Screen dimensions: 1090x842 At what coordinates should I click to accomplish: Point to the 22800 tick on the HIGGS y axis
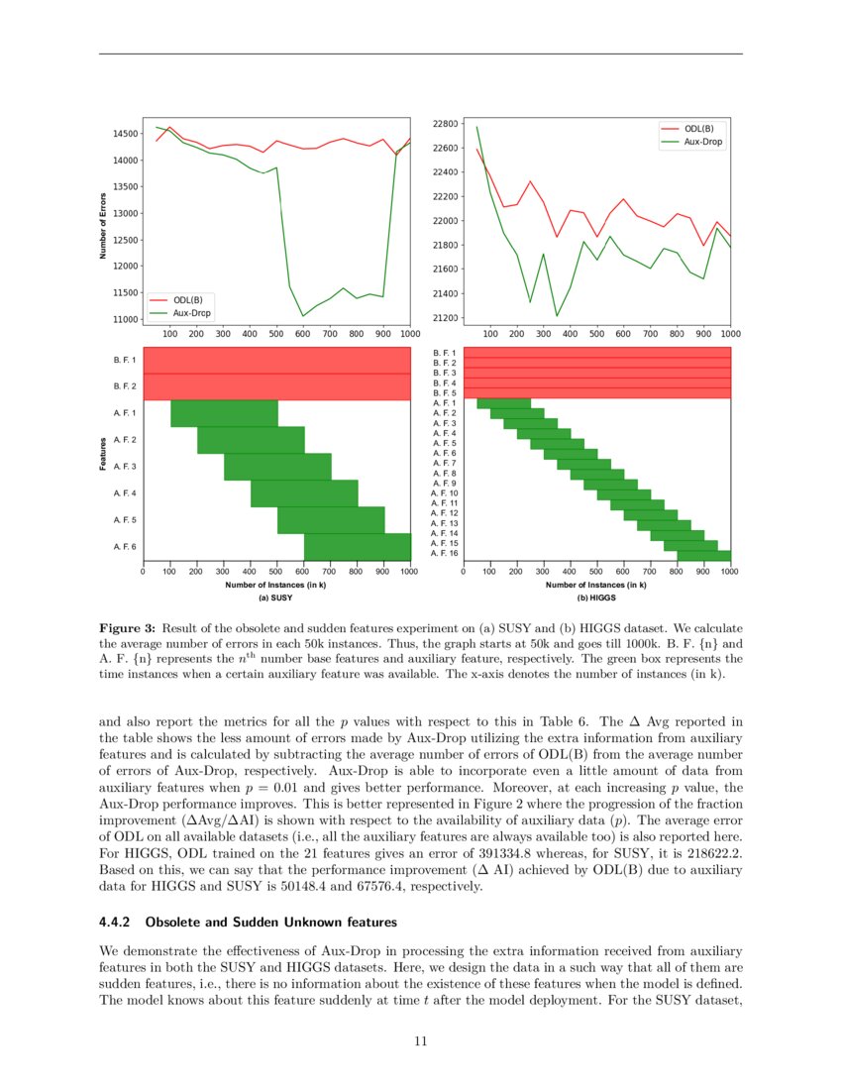click(445, 124)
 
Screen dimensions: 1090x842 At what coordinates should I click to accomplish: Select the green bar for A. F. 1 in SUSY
click(224, 413)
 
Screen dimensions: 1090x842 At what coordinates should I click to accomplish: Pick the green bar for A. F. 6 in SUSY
click(357, 547)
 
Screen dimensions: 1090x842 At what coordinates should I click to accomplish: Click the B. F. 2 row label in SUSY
click(126, 386)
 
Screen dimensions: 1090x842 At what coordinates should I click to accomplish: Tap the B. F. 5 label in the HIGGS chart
click(444, 393)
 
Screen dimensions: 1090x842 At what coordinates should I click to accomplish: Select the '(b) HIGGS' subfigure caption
click(596, 599)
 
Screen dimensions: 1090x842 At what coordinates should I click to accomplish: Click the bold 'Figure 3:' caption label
click(128, 628)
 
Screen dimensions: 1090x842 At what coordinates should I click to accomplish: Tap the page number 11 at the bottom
click(421, 1040)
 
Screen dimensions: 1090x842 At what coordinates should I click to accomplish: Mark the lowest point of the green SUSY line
click(303, 316)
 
